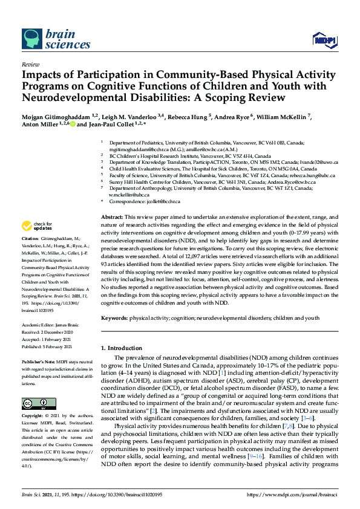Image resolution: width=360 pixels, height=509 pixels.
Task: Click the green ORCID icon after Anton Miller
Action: click(73, 125)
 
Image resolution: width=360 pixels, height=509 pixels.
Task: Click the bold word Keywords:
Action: click(114, 317)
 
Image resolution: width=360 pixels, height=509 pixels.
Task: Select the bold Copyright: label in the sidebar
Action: click(34, 417)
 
